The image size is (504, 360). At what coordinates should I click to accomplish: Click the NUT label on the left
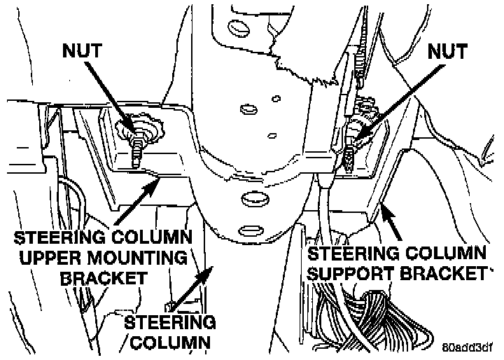tap(83, 51)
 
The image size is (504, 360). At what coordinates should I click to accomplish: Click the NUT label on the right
tap(447, 51)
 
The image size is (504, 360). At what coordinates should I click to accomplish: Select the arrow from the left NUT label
tap(110, 97)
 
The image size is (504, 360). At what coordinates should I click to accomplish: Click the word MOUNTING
tap(137, 258)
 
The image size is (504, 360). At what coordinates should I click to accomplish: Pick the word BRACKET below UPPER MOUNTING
tap(104, 278)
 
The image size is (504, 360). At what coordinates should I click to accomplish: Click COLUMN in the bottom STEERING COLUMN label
tap(170, 343)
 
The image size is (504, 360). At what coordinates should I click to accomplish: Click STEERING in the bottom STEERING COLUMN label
tap(170, 322)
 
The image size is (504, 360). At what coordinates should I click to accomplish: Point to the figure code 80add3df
tap(467, 347)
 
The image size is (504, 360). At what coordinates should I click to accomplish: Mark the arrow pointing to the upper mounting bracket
tap(137, 202)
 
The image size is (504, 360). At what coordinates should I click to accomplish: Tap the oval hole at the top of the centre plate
tap(239, 28)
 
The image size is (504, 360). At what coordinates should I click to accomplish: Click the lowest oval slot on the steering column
tap(251, 230)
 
